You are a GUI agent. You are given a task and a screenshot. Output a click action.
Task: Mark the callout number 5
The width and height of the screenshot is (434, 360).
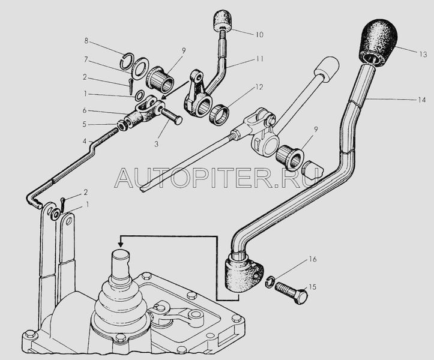click(x=86, y=124)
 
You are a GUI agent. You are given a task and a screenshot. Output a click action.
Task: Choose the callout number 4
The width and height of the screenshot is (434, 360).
click(x=86, y=142)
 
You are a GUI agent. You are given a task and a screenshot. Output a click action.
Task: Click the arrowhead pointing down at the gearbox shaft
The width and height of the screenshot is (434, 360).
click(x=121, y=243)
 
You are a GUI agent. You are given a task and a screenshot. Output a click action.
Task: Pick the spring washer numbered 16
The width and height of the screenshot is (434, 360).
click(x=271, y=281)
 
